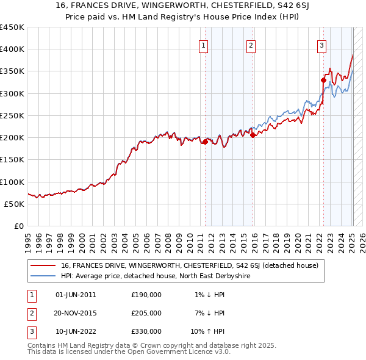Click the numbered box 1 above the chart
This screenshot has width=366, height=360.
pyautogui.click(x=203, y=44)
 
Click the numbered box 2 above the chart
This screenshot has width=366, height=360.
pyautogui.click(x=251, y=44)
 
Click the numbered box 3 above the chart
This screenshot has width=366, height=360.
pyautogui.click(x=321, y=44)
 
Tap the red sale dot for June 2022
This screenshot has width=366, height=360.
pyautogui.click(x=324, y=80)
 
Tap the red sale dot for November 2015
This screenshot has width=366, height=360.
pyautogui.click(x=253, y=135)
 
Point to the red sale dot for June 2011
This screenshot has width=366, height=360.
pyautogui.click(x=205, y=142)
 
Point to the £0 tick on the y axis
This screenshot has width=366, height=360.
pyautogui.click(x=19, y=226)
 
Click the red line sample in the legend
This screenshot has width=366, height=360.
pyautogui.click(x=43, y=265)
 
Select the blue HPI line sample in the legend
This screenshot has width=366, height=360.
pyautogui.click(x=43, y=276)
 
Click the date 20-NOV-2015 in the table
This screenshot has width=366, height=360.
pyautogui.click(x=76, y=313)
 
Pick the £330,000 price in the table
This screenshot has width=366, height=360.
pyautogui.click(x=146, y=331)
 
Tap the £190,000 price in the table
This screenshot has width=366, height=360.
pyautogui.click(x=146, y=295)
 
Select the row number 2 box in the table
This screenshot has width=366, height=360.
pyautogui.click(x=29, y=313)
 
